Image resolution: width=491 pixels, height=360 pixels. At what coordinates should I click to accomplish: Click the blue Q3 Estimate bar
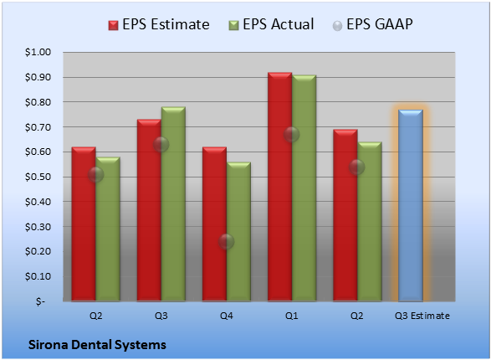coord(411,206)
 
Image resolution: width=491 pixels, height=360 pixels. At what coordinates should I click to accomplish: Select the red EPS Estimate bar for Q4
coord(214,224)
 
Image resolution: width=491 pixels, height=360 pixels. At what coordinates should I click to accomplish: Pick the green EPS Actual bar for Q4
coord(238,232)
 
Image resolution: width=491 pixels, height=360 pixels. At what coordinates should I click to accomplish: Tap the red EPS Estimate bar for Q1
coord(279,187)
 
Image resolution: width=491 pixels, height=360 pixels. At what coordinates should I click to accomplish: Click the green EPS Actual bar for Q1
coord(304,188)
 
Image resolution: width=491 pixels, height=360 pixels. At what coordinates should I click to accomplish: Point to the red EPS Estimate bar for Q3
coord(149,210)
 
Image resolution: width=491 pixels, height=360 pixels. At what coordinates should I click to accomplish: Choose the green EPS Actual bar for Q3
coord(173,204)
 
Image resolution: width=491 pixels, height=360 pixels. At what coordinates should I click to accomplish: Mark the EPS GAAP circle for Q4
coord(226,242)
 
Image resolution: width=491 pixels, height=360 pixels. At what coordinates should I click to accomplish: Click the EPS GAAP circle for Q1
coord(292,135)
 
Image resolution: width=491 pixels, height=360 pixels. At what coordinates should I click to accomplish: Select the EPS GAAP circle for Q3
coord(161,145)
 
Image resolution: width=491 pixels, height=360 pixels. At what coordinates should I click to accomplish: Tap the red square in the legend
coord(114,25)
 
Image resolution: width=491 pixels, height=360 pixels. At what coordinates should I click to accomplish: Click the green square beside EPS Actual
coord(234,25)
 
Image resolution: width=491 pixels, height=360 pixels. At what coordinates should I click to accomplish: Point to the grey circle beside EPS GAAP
coord(338,26)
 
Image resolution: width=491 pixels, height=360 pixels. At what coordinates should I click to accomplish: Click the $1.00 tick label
coord(38,52)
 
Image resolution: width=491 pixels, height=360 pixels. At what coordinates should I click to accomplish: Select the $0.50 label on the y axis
coord(38,177)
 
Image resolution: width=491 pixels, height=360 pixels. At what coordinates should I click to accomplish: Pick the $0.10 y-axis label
coord(38,276)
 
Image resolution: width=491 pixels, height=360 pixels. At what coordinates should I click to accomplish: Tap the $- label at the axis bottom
coord(40,301)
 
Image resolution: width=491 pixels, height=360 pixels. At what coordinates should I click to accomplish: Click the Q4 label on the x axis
coord(227,316)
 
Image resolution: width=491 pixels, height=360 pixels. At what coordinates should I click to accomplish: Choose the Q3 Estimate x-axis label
coord(422,316)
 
